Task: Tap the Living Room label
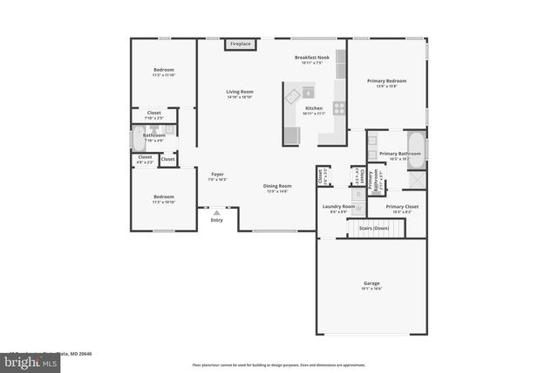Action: [240, 93]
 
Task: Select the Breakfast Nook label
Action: [311, 59]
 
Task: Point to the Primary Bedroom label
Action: [386, 83]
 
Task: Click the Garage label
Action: [371, 286]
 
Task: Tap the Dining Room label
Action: [277, 188]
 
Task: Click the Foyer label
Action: [217, 176]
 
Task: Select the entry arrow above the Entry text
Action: [217, 211]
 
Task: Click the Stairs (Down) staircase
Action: [377, 229]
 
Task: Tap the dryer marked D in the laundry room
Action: [358, 193]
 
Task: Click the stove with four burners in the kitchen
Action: [338, 108]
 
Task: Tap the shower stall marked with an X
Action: [417, 180]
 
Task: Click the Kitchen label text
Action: [313, 111]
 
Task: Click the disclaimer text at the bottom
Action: [279, 364]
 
